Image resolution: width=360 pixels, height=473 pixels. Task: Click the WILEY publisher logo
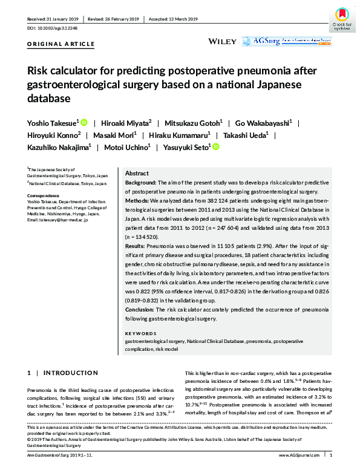(221, 41)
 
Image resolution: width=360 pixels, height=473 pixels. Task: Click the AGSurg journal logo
(286, 41)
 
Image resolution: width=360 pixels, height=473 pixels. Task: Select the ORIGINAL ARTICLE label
(61, 44)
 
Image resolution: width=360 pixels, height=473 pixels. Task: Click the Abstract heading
(137, 172)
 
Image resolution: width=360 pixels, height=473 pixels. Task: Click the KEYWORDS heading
(140, 333)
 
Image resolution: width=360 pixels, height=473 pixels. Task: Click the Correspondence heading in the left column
(44, 195)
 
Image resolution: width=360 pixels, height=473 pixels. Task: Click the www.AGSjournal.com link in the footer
(303, 455)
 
